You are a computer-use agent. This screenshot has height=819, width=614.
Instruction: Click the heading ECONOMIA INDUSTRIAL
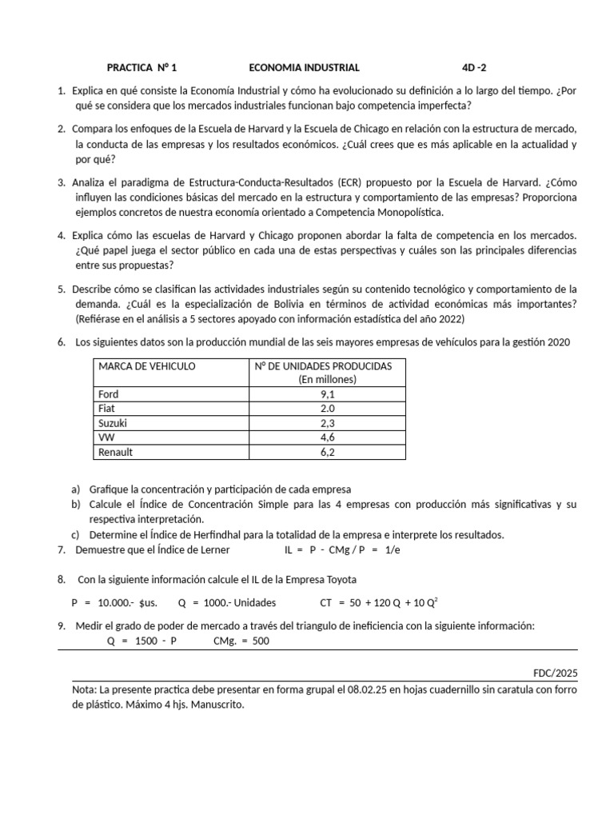click(x=304, y=68)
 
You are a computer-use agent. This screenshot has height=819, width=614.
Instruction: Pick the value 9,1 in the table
click(x=328, y=394)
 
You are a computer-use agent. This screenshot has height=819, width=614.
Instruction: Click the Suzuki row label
click(x=112, y=423)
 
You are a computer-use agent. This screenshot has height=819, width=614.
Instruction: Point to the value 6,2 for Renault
click(x=328, y=452)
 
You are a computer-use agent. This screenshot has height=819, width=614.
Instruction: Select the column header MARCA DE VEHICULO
click(x=146, y=366)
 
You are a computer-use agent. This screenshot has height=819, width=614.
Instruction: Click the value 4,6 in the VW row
click(x=328, y=437)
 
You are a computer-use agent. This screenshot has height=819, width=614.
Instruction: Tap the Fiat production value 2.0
click(x=328, y=409)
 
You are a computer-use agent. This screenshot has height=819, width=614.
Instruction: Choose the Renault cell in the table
click(x=115, y=452)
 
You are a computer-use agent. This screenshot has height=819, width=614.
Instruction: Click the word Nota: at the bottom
click(x=86, y=689)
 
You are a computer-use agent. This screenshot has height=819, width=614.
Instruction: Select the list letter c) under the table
click(x=75, y=534)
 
